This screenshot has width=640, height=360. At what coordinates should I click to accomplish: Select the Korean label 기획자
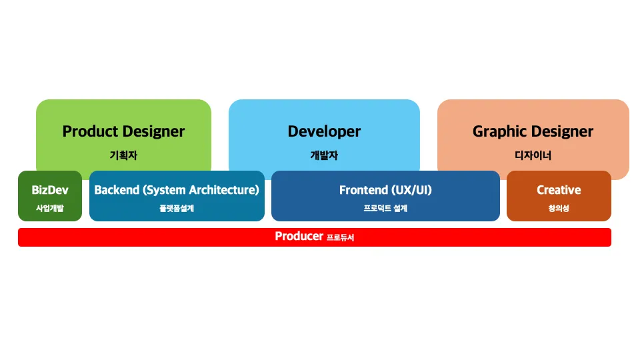coord(123,155)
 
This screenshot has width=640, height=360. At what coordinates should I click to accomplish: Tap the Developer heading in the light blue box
coord(324,131)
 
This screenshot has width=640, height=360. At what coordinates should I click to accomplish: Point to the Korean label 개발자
coord(324,155)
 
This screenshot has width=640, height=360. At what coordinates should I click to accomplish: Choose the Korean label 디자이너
coord(533,155)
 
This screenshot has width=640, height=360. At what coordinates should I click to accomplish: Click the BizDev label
coord(50,190)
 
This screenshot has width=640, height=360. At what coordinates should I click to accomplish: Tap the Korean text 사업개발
coord(50,208)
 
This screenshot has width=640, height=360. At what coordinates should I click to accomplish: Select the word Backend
coord(117,190)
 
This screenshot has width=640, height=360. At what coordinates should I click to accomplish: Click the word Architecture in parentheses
coord(223,190)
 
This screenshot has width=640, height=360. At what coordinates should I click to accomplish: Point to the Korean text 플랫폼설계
coord(176,208)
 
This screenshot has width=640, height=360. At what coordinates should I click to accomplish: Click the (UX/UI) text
coord(411,190)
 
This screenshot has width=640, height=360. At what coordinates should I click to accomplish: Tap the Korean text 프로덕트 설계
coord(385,208)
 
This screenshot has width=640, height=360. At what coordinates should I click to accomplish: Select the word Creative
coord(559,190)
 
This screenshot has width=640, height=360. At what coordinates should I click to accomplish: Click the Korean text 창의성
coord(559,208)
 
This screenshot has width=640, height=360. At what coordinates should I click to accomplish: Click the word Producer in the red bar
coord(299,237)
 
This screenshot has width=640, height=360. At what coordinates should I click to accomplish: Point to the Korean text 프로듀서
coord(340,237)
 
